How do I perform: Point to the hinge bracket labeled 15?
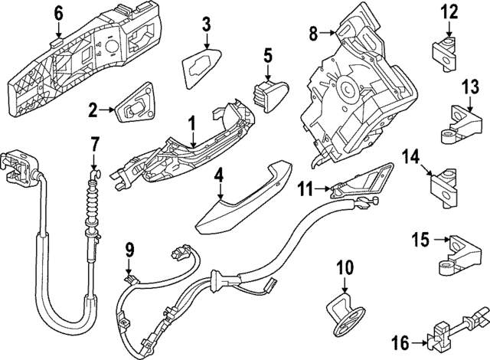tap(462, 254)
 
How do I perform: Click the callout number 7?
tap(94, 143)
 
